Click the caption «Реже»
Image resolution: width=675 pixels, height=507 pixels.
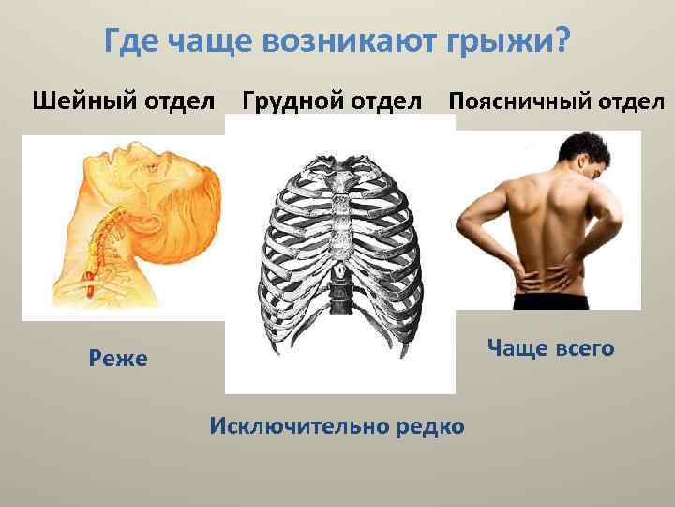tap(118, 358)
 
